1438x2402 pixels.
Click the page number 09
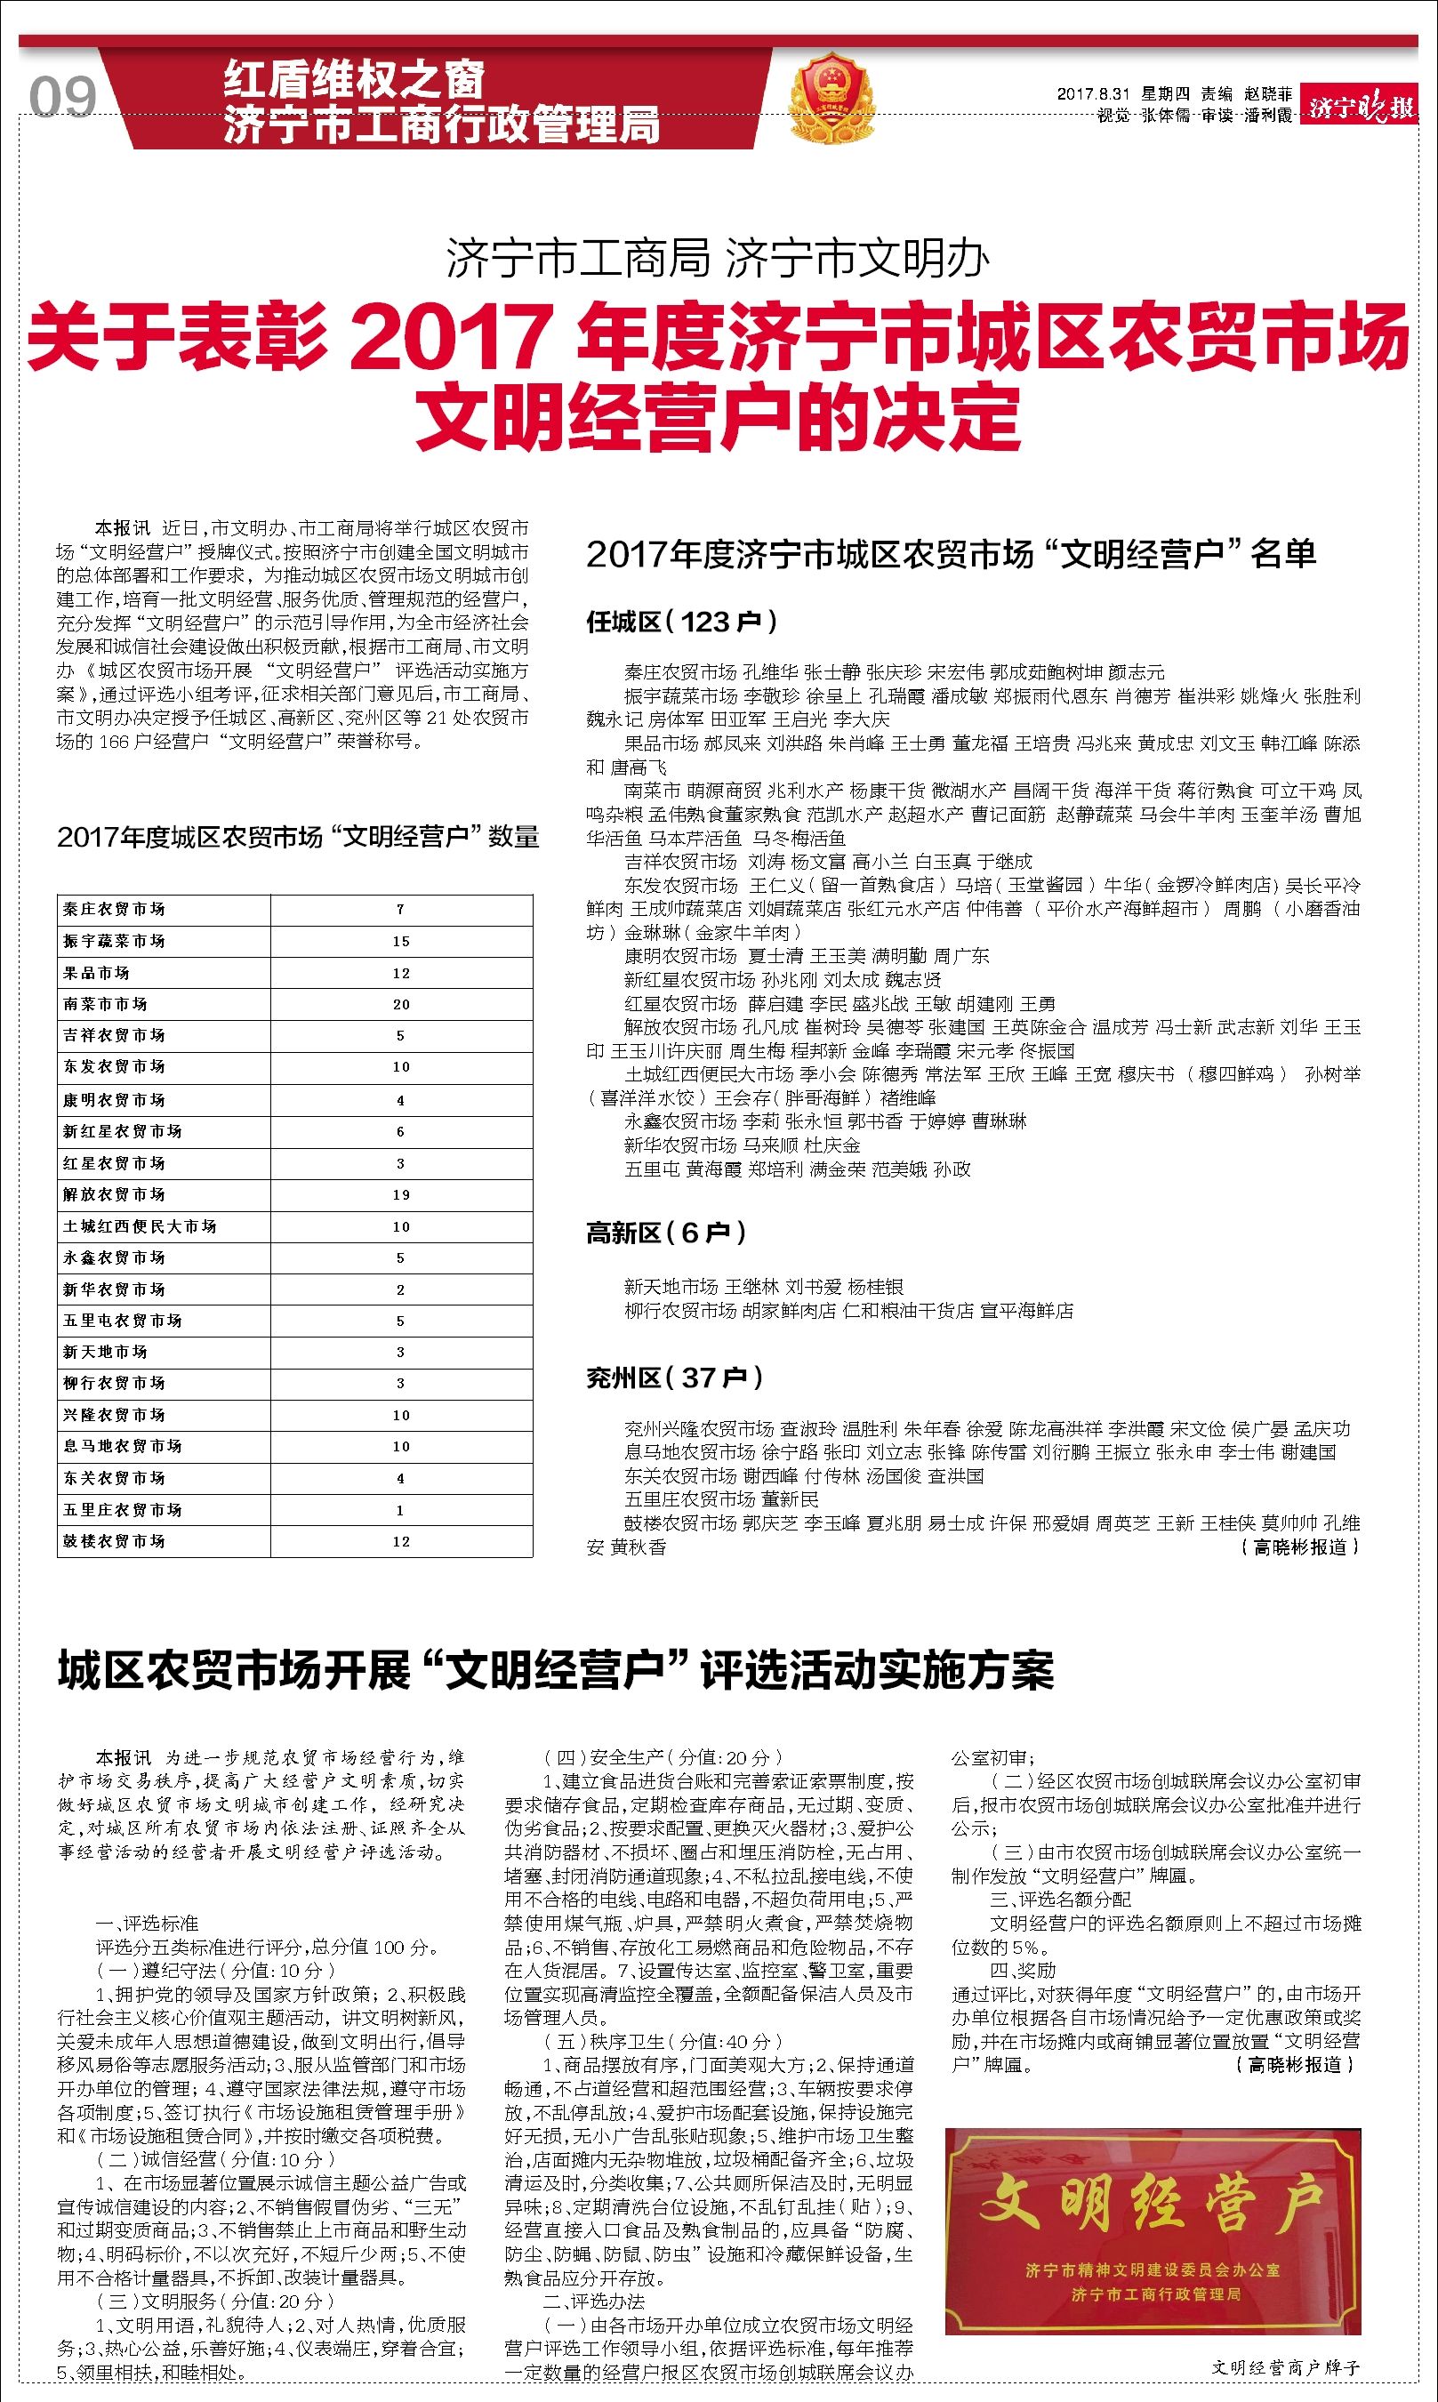click(62, 98)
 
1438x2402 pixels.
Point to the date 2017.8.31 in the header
click(1094, 94)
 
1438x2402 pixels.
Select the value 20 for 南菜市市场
click(401, 1004)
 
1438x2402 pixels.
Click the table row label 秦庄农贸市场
click(115, 909)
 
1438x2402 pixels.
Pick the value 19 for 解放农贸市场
click(401, 1194)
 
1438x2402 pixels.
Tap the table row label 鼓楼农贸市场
click(115, 1540)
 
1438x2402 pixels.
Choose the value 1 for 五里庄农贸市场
click(401, 1510)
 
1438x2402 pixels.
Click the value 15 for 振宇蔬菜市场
click(401, 941)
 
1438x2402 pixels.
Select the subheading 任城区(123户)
click(681, 622)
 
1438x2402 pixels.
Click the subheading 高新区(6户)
click(667, 1233)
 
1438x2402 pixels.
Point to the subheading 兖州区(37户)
click(674, 1377)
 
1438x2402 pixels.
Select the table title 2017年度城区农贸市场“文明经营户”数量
click(298, 836)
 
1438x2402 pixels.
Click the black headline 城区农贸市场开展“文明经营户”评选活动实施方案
click(555, 1669)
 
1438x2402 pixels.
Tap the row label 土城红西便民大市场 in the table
click(140, 1225)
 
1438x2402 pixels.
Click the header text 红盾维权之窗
click(354, 79)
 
